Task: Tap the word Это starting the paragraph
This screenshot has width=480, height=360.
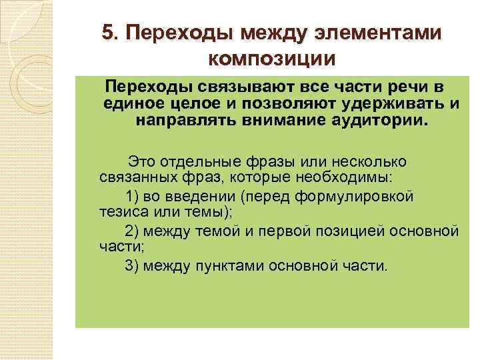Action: [142, 162]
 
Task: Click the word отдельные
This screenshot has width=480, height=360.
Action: [206, 162]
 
